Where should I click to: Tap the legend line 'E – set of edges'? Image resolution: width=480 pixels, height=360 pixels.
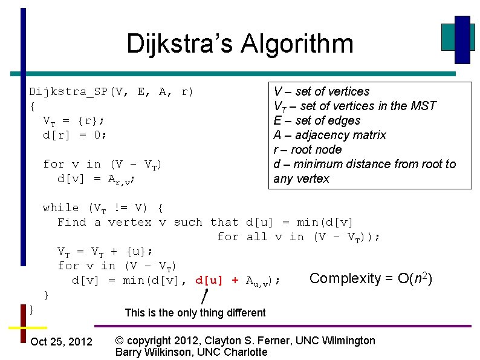click(x=317, y=120)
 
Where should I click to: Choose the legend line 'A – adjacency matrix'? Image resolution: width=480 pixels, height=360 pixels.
click(x=329, y=135)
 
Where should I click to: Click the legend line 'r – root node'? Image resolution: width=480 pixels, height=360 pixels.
click(x=308, y=149)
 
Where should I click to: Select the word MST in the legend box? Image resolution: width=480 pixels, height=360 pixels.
click(x=424, y=106)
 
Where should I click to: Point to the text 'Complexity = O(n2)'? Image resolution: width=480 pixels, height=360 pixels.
click(x=370, y=279)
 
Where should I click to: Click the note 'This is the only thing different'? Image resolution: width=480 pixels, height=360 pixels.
click(x=195, y=313)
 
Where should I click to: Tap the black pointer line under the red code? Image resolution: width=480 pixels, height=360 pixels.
click(x=204, y=296)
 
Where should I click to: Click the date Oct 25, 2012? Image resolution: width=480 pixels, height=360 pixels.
click(x=61, y=342)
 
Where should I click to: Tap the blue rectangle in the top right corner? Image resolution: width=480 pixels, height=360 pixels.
click(x=462, y=39)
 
